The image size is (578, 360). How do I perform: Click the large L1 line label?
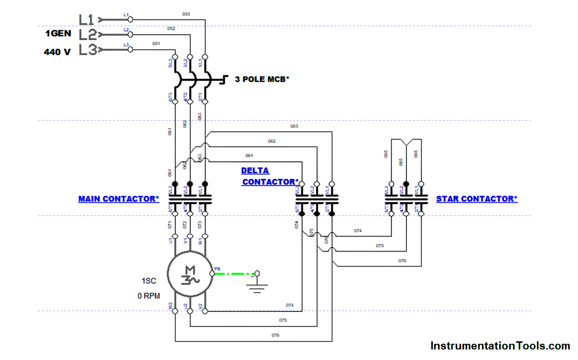[x=86, y=20]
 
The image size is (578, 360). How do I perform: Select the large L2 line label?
[x=87, y=34]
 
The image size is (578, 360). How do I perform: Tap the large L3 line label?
[x=87, y=49]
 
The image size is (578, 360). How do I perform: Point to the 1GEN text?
[x=58, y=34]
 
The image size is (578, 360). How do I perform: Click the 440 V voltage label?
[x=57, y=52]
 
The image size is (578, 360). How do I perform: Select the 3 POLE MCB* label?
[x=262, y=79]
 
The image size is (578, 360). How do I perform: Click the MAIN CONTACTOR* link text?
[x=118, y=199]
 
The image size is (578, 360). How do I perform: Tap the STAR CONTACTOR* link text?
[x=476, y=199]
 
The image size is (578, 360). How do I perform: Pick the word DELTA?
[x=255, y=171]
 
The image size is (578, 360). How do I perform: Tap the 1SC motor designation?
[x=149, y=281]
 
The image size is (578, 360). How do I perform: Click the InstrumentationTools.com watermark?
[x=500, y=346]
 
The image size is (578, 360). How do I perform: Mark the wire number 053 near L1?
[x=186, y=14]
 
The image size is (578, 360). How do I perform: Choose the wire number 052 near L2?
[x=171, y=29]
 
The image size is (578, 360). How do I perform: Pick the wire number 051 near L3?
[x=156, y=44]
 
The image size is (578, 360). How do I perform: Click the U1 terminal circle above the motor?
[x=175, y=237]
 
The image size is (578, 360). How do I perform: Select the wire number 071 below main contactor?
[x=171, y=224]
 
